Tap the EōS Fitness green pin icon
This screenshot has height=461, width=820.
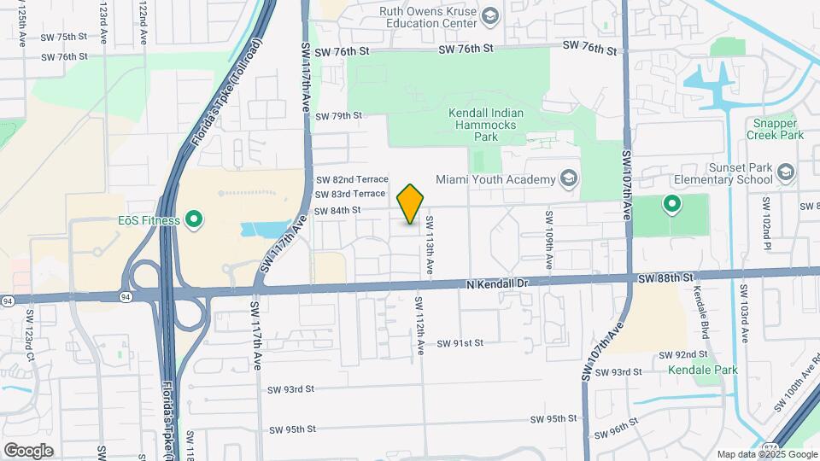pos(194,220)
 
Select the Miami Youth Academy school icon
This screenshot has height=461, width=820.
pos(568,179)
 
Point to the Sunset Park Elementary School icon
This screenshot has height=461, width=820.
pos(783,175)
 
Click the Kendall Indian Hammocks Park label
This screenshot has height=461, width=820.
pos(486,125)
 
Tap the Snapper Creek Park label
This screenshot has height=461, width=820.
pos(775,129)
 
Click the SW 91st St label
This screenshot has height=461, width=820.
pos(460,343)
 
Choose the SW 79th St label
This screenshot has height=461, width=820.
pos(338,116)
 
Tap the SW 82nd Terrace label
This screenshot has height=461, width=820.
pos(352,180)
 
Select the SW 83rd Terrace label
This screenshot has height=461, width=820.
pos(350,194)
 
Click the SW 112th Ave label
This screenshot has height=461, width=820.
pos(419,325)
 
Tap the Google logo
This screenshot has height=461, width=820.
pos(28,450)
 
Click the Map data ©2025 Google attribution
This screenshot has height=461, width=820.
pos(766,454)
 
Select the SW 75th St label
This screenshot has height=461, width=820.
pos(65,37)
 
